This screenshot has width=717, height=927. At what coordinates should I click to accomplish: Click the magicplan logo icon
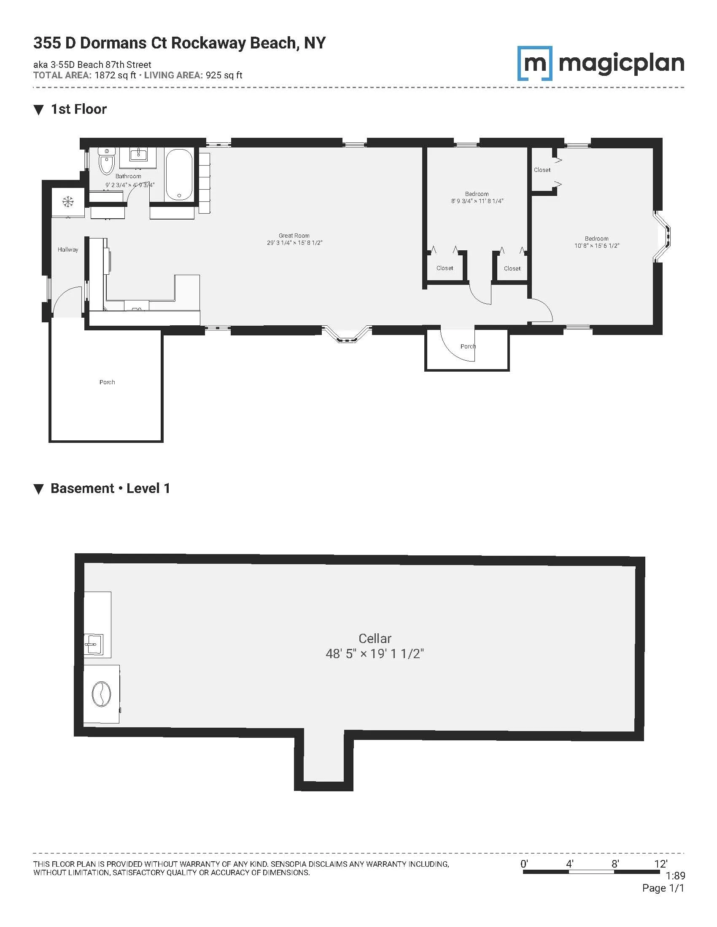click(x=535, y=63)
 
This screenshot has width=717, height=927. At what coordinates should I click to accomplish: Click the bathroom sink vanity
click(x=138, y=155)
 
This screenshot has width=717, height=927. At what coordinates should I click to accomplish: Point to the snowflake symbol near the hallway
click(x=67, y=201)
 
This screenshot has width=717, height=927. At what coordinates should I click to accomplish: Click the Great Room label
click(x=294, y=236)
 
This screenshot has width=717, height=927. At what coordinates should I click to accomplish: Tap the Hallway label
click(x=68, y=249)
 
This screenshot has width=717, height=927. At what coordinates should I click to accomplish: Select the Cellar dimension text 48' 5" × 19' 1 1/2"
click(x=375, y=654)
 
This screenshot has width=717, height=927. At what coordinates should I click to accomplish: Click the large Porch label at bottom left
click(x=107, y=382)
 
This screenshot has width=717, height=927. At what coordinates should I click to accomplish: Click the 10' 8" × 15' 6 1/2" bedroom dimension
click(x=597, y=246)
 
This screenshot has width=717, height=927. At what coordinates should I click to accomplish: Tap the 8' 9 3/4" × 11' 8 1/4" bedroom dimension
click(x=477, y=201)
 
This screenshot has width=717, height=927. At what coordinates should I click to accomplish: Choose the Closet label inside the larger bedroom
click(x=542, y=170)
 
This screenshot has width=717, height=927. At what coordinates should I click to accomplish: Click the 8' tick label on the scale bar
click(x=615, y=864)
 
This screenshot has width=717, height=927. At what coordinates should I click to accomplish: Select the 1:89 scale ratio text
click(x=675, y=876)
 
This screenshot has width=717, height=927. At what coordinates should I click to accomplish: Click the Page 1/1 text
click(x=663, y=888)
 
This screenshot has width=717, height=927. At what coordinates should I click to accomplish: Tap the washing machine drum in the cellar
click(x=101, y=694)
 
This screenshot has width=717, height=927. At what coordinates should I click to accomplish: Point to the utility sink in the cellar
click(x=94, y=645)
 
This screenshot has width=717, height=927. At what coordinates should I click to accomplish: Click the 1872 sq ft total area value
click(x=115, y=75)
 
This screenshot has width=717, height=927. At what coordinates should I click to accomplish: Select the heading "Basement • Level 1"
click(x=110, y=488)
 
